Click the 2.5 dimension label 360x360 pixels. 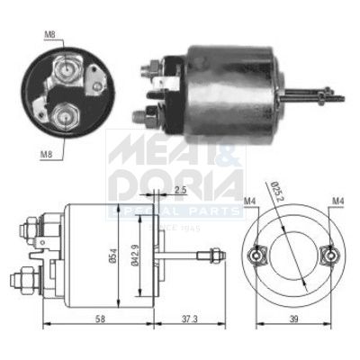point(180,191)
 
